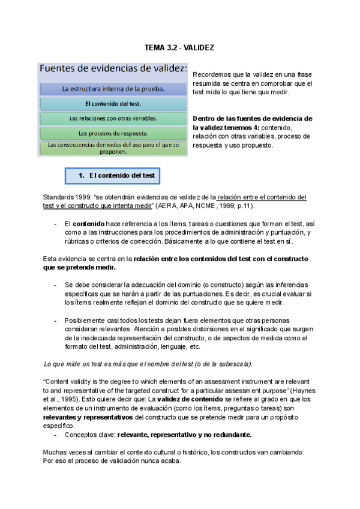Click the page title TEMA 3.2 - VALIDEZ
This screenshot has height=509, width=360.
pyautogui.click(x=179, y=47)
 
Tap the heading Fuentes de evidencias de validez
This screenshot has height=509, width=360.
pyautogui.click(x=113, y=68)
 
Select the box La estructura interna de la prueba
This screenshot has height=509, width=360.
pyautogui.click(x=113, y=89)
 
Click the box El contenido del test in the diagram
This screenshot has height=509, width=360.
pyautogui.click(x=113, y=103)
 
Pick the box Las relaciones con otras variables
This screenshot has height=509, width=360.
pyautogui.click(x=113, y=118)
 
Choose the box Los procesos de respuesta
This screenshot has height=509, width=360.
pyautogui.click(x=113, y=133)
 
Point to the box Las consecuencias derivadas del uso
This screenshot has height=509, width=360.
pyautogui.click(x=113, y=148)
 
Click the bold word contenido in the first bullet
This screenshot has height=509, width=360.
pyautogui.click(x=88, y=224)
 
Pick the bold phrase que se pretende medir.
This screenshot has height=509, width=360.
pyautogui.click(x=79, y=268)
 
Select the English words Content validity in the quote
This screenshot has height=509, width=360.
pyautogui.click(x=71, y=382)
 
